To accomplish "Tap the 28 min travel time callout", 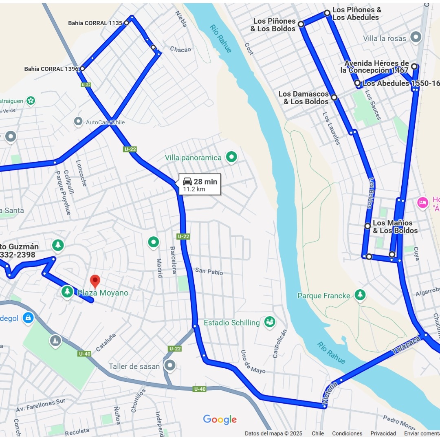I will pos(200,185).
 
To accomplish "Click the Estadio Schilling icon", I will pos(269,322).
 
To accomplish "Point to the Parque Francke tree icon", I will pos(360,295).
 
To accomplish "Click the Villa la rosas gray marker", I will pos(416,38).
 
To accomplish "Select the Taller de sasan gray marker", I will pos(169,365).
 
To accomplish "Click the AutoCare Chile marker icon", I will pos(78,121).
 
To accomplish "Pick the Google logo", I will pos(220,420).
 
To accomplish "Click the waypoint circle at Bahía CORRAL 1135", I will pos(126,23).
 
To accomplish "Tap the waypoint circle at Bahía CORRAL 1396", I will pos(82,68).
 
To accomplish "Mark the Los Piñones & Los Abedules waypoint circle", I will pos(327,13).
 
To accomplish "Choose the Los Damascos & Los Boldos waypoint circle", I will pos(334,97).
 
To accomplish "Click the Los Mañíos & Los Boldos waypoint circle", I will pos(367,226).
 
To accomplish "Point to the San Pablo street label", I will pos(209,271).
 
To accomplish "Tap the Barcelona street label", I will pos(173,260).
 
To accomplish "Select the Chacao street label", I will pos(180,50).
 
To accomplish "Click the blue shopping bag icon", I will pos(28,317).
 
